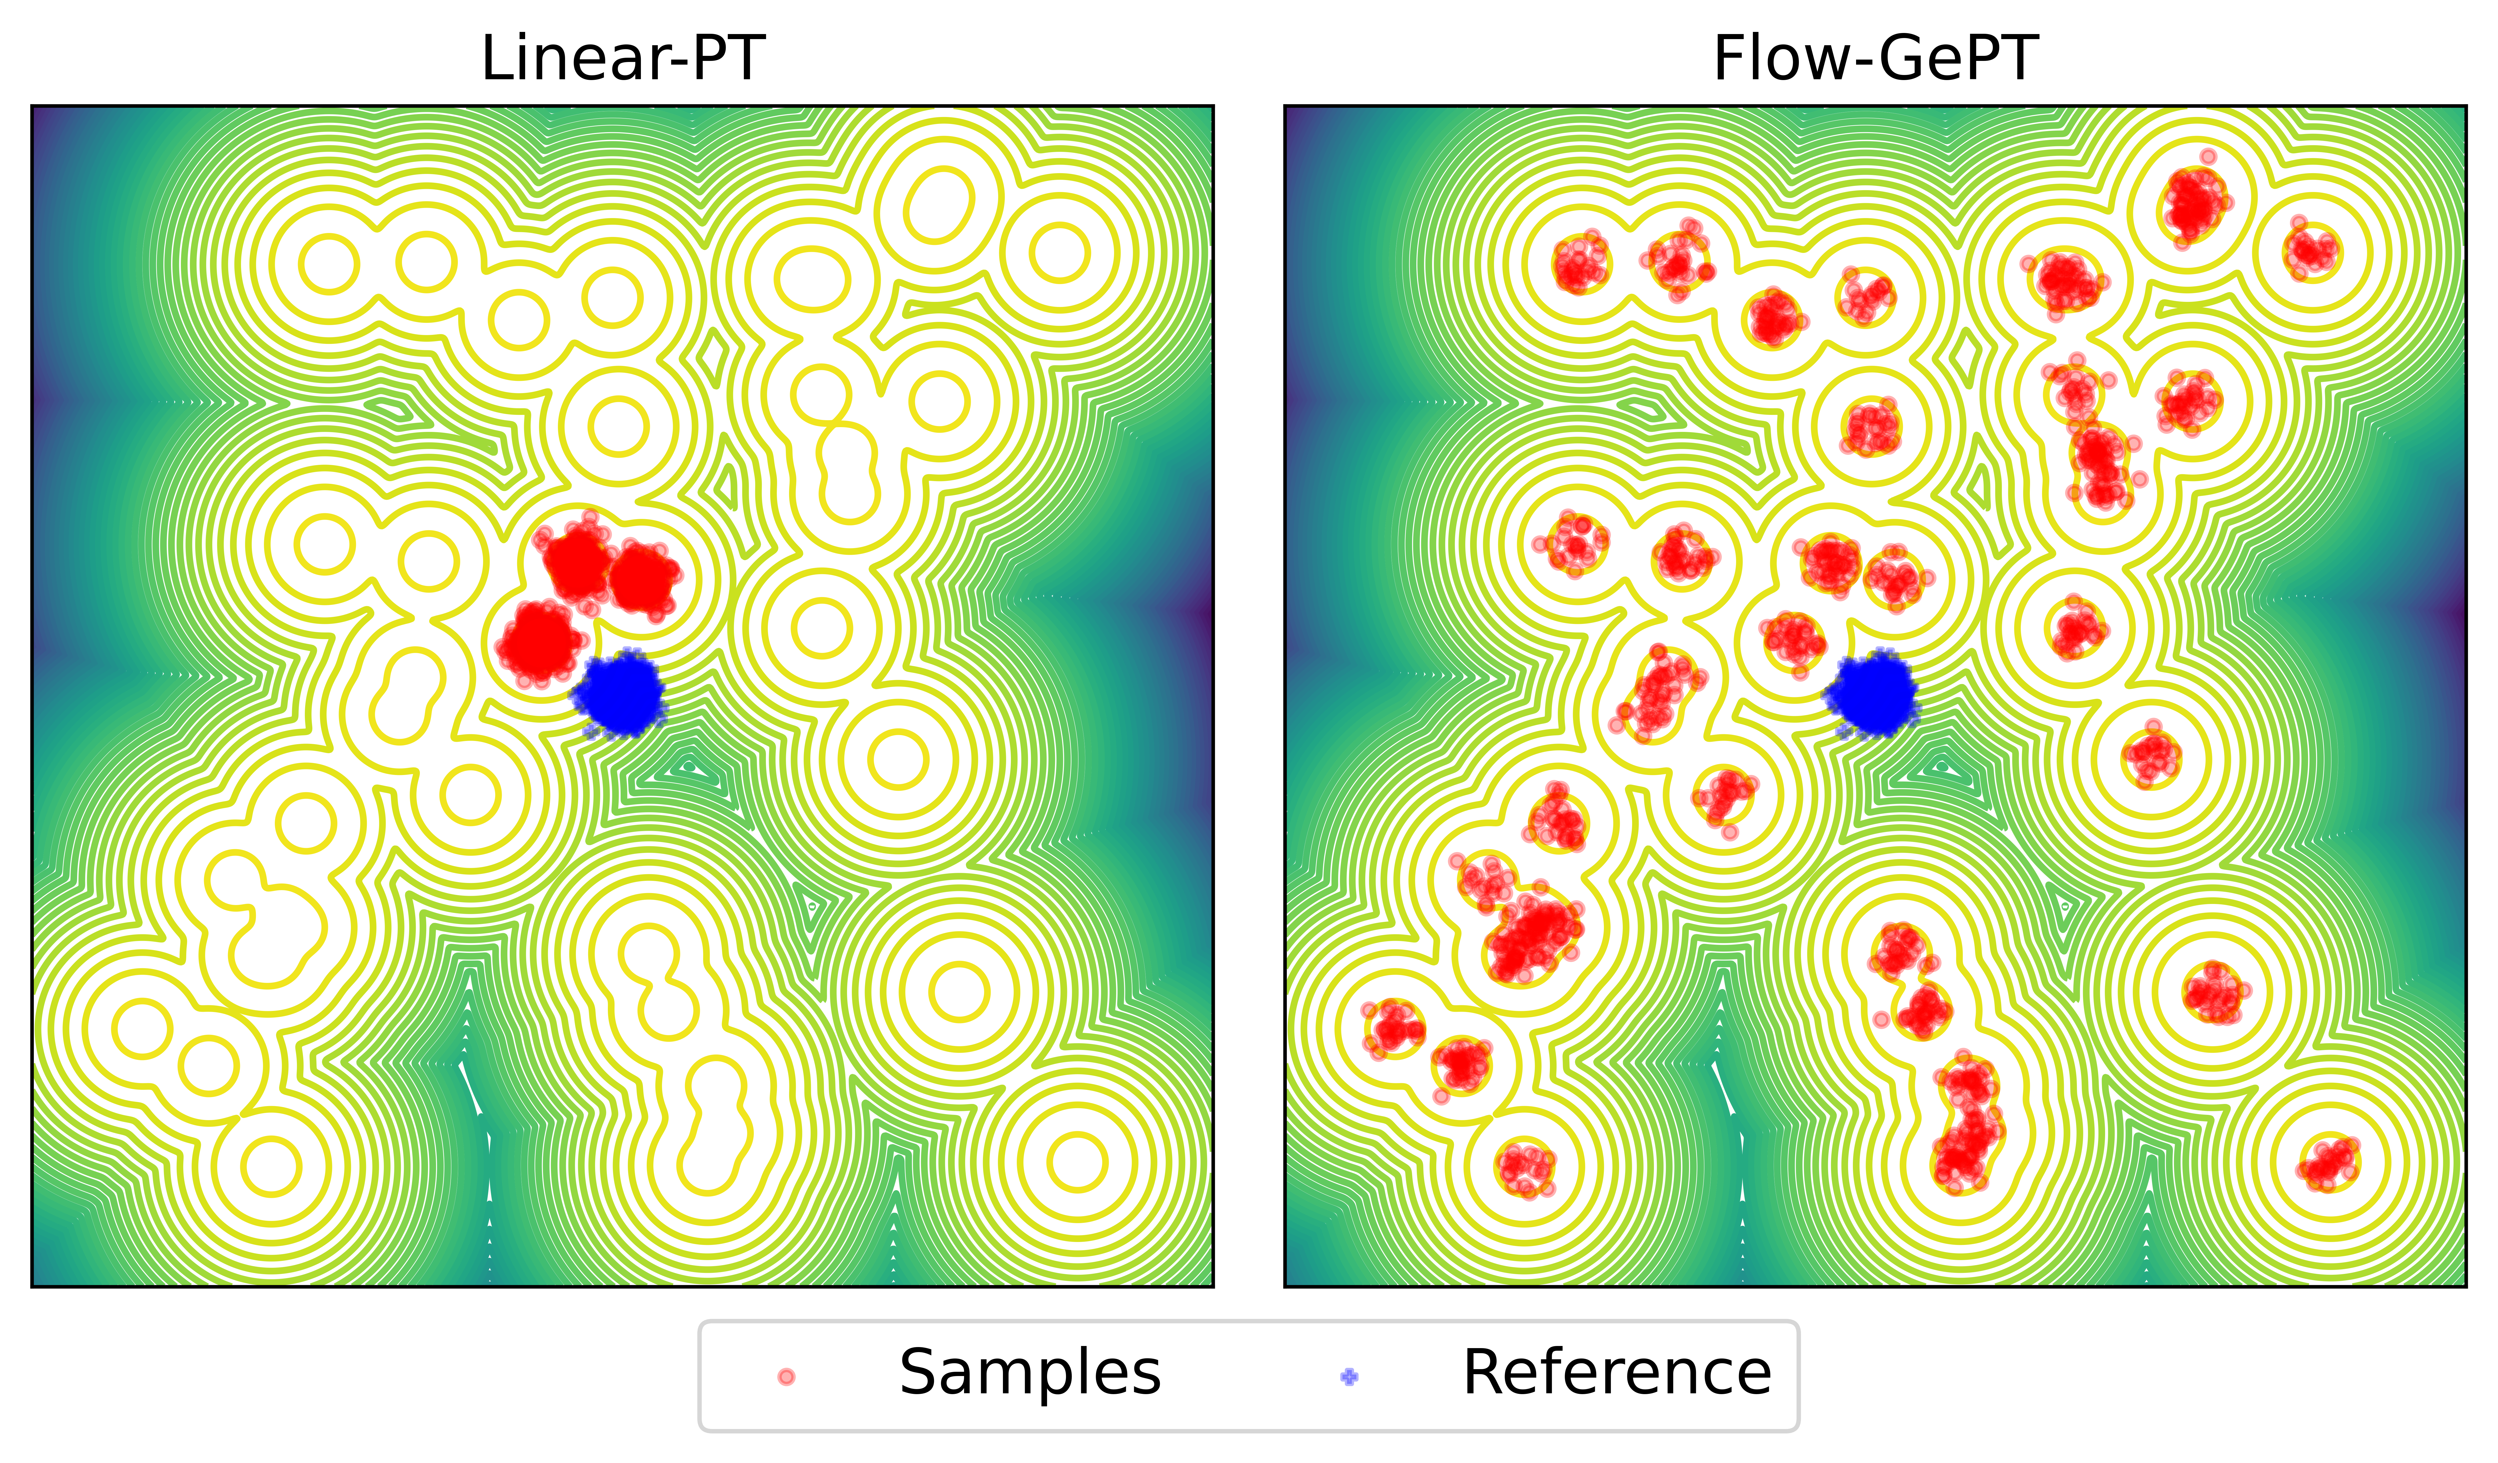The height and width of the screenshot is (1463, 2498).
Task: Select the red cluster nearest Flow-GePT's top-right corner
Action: [2313, 250]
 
